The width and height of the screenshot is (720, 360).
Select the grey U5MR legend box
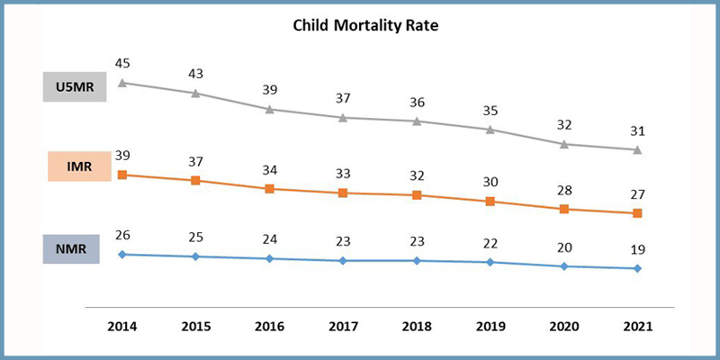pos(75,86)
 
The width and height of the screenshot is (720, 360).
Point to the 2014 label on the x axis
pos(121,327)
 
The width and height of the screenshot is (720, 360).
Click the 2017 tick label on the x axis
pos(343,327)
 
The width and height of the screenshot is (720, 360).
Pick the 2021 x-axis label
pos(637,327)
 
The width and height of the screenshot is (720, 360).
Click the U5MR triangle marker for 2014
pos(122,83)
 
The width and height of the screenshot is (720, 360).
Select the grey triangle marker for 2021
pos(637,149)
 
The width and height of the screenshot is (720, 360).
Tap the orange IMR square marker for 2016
pos(270,189)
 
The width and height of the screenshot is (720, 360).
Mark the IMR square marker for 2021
pos(637,213)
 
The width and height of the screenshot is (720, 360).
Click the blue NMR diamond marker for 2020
pos(564,266)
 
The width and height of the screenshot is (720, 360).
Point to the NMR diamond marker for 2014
pos(122,254)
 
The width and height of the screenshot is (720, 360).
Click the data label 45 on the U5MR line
pos(122,63)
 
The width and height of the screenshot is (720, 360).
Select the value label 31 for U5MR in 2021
pos(637,130)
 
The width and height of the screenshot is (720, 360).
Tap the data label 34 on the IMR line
pos(270,170)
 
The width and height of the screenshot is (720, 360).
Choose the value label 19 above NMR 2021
pos(637,249)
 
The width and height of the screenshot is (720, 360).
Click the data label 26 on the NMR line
pos(122,235)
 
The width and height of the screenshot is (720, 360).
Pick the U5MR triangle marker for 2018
pos(417,121)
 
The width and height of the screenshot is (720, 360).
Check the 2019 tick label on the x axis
pos(490,327)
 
